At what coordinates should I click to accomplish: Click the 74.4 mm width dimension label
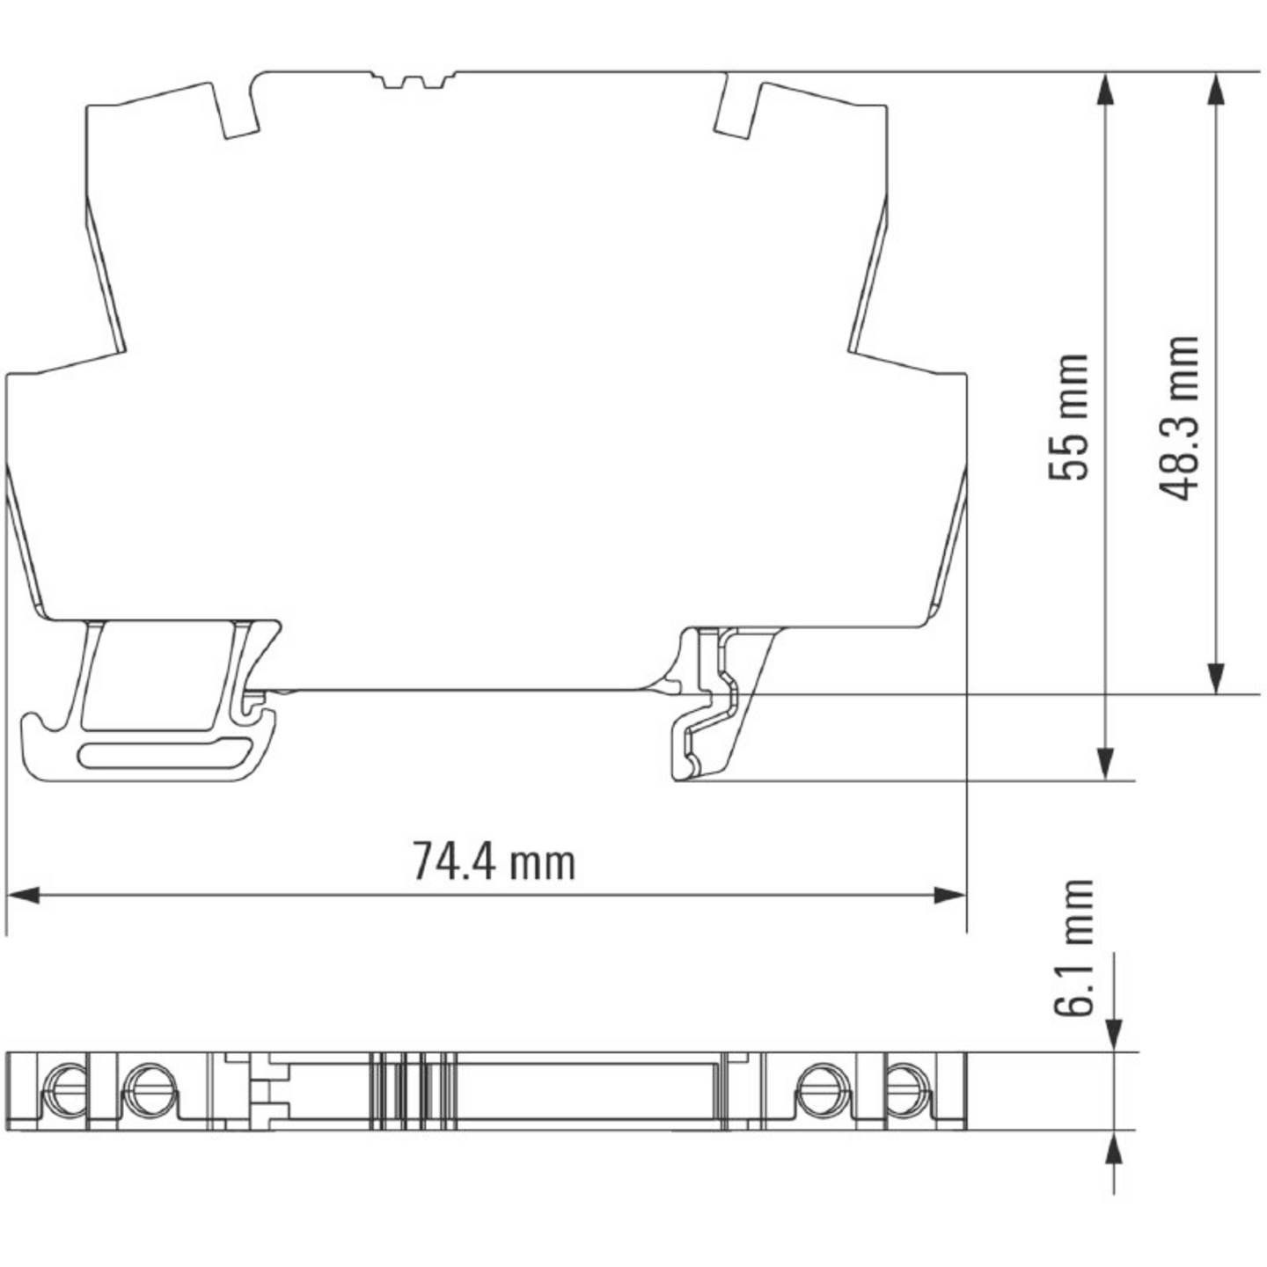[x=494, y=861]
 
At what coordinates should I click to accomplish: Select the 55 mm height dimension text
[x=1069, y=417]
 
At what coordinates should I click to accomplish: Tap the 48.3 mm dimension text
[x=1180, y=417]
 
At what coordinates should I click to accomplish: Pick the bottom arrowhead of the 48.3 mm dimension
[x=1216, y=677]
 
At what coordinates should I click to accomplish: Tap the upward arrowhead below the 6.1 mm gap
[x=1114, y=1147]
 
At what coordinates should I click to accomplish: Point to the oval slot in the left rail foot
[x=165, y=754]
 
